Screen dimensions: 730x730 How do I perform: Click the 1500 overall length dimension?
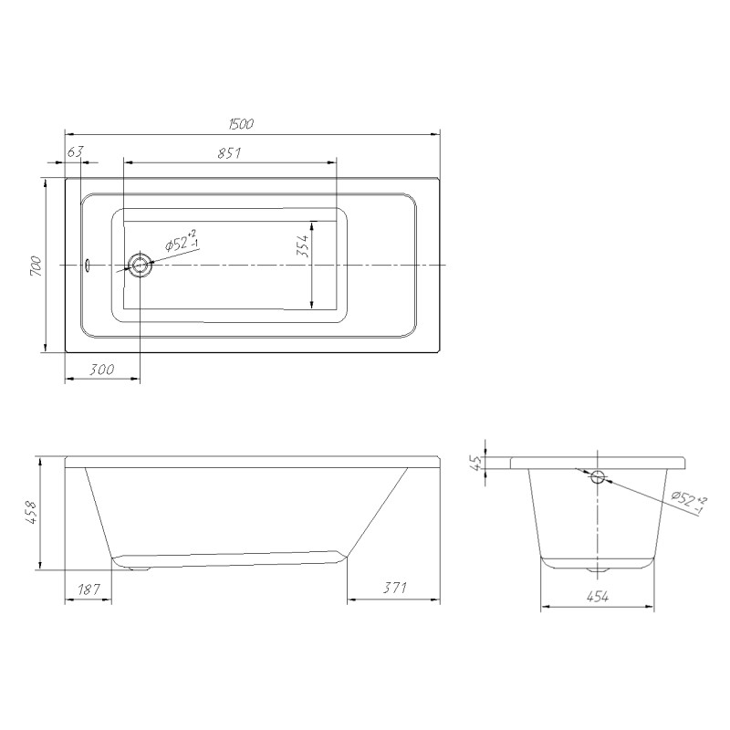coord(241,124)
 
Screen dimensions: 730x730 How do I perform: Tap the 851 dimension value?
coord(230,153)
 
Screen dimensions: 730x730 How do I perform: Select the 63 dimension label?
coord(75,151)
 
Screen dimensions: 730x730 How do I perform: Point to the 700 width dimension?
coord(36,266)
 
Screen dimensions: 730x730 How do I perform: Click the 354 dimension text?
coord(303,245)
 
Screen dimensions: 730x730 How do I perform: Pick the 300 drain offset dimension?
coord(101,370)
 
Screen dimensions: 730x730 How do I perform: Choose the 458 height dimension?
coord(31,513)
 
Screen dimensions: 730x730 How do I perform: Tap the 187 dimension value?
coord(89,589)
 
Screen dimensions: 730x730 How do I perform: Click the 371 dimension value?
coord(394,588)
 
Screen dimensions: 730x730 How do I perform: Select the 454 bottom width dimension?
coord(598,597)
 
